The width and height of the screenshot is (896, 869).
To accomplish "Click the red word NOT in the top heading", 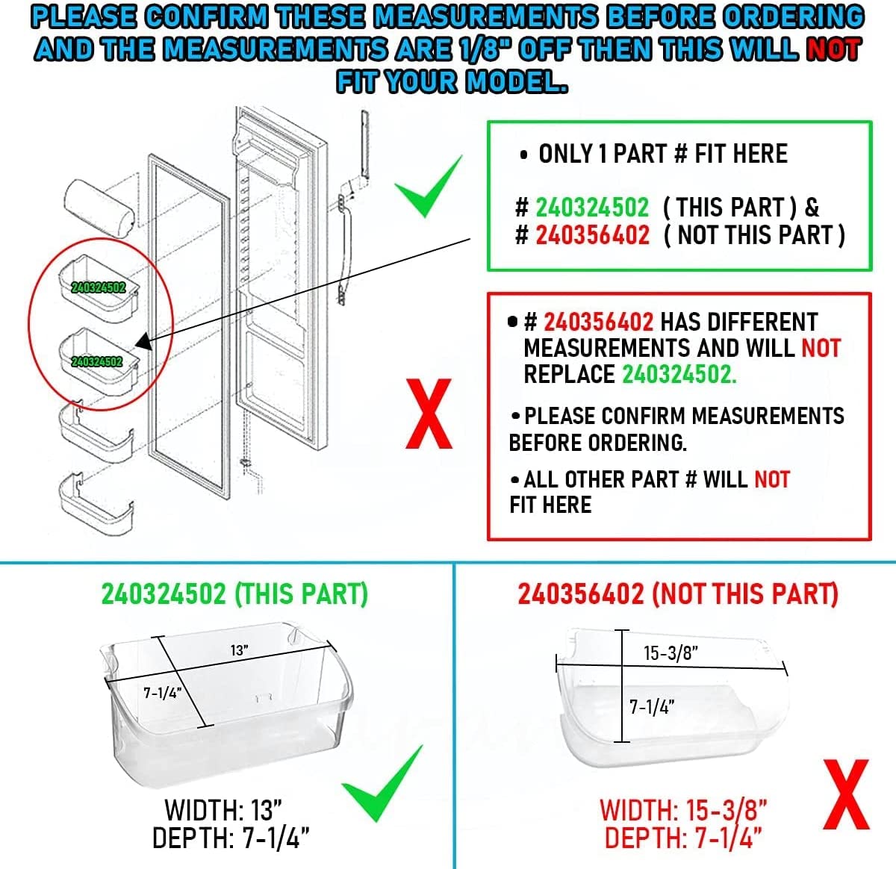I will coord(833,49).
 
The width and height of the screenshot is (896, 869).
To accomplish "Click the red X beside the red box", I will coord(429,414).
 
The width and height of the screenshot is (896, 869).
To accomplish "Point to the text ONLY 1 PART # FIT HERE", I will coord(662,154).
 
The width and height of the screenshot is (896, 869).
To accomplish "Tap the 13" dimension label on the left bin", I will coord(239,650).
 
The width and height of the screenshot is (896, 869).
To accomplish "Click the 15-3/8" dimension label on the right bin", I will coord(671,653).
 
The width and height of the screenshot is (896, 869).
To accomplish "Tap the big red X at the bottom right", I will coord(847,796).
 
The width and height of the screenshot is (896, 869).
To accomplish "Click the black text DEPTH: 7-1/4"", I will coord(231,838).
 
